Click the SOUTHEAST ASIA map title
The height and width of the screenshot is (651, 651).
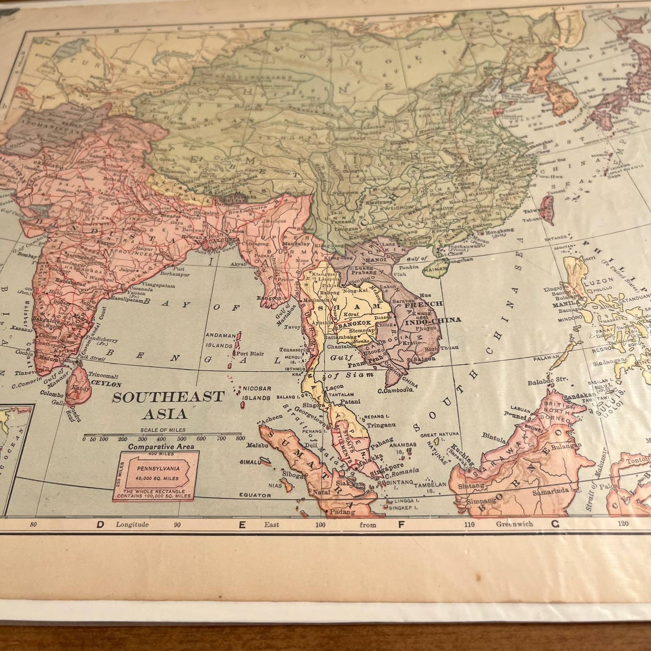168,405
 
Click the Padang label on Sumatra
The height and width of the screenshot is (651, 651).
342,511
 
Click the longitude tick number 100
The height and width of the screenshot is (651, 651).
320,524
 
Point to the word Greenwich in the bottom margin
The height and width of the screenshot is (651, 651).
514,524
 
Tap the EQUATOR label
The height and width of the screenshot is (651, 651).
255,495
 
